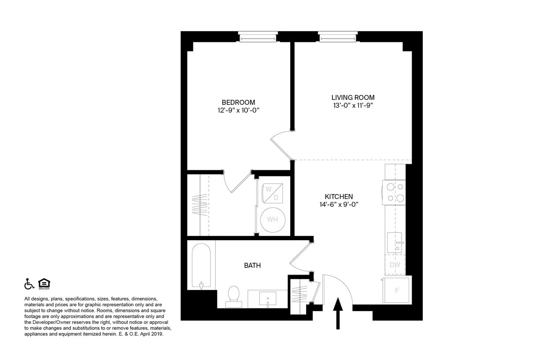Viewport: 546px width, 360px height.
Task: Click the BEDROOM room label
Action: (x=238, y=103)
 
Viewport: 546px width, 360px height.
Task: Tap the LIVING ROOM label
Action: (x=353, y=97)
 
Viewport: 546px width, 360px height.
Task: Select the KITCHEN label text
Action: (x=339, y=196)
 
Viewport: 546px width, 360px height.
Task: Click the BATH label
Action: (x=252, y=265)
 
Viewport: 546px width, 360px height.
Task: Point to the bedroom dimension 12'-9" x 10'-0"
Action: (x=238, y=110)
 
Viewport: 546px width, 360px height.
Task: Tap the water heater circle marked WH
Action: (x=272, y=220)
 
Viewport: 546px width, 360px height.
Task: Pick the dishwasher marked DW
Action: (x=395, y=265)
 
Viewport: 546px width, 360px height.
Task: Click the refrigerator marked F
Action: (x=397, y=290)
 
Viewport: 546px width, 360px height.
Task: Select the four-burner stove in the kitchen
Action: (x=394, y=192)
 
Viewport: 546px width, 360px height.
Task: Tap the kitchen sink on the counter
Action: (x=395, y=242)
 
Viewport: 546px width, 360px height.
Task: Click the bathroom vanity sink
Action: (x=268, y=299)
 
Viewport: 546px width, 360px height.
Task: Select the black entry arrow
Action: (x=338, y=313)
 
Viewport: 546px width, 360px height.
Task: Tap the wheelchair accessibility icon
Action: (x=29, y=284)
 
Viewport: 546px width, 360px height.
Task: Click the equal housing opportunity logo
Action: (x=44, y=284)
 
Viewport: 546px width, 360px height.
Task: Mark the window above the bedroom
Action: (x=258, y=37)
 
